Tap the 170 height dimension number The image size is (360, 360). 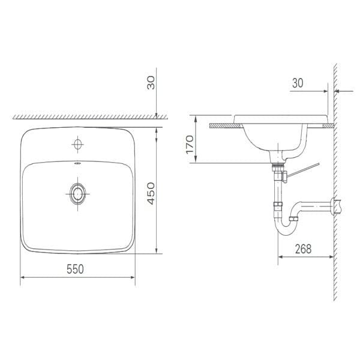tap(190, 146)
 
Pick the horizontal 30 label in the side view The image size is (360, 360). tap(298, 84)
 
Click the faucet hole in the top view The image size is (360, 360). tap(77, 143)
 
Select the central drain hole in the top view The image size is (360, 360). tap(77, 193)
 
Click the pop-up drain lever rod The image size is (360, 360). tap(303, 167)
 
